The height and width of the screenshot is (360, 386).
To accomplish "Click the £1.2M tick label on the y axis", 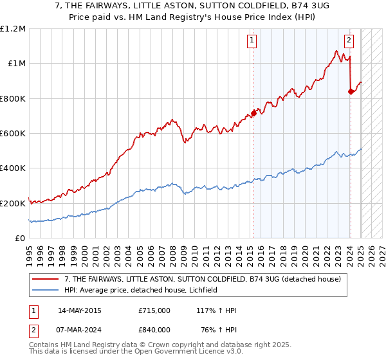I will [x=13, y=29].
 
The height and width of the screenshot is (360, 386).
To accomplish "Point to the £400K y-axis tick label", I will [x=13, y=168].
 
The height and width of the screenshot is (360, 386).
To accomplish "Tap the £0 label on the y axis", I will [x=20, y=238].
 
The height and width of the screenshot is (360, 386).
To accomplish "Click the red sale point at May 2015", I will [x=253, y=114].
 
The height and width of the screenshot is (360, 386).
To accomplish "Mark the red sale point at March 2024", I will [x=351, y=92].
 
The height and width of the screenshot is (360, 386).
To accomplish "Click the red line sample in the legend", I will [x=46, y=278].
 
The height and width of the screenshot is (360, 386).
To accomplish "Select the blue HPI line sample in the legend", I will [x=46, y=290].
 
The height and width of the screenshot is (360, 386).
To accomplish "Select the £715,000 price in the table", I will [x=154, y=310].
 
